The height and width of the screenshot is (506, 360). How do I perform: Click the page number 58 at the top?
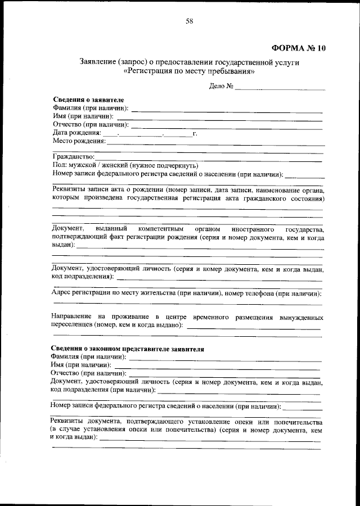coord(189,21)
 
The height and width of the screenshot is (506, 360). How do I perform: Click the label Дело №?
coord(221,87)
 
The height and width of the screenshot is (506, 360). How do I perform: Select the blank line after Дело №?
coord(280,88)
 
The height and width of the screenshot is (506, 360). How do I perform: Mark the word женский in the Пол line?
coord(113,166)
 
